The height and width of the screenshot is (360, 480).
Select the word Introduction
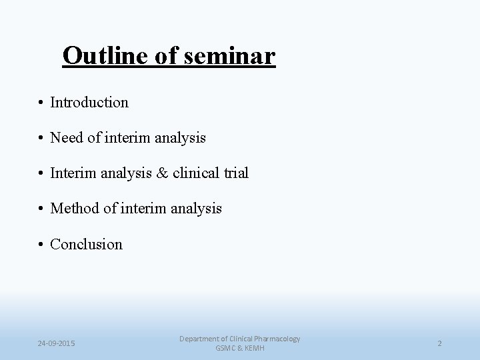point(89,103)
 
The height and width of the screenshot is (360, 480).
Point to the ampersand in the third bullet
point(163,173)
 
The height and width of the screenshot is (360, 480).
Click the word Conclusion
point(87,244)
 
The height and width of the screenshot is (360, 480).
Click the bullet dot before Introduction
point(41,103)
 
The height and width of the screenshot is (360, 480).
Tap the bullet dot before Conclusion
point(41,245)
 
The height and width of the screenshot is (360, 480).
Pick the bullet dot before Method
point(41,209)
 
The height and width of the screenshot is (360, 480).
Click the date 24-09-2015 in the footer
point(57,343)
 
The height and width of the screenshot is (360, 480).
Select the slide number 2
point(439,343)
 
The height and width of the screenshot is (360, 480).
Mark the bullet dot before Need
point(41,139)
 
